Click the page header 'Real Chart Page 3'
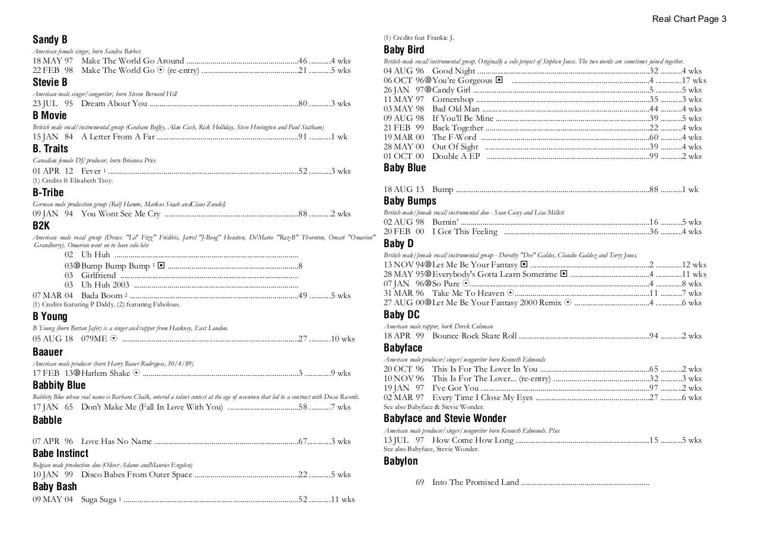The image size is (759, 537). (689, 19)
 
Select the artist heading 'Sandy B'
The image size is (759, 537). (50, 40)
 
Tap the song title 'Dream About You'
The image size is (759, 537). (114, 104)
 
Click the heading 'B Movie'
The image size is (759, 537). (50, 116)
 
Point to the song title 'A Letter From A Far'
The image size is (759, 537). (117, 137)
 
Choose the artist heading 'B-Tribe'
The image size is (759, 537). (48, 193)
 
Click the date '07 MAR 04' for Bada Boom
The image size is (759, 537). (53, 296)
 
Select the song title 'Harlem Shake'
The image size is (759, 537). (106, 373)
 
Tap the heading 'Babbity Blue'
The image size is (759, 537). (59, 385)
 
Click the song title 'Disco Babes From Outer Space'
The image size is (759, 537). (136, 475)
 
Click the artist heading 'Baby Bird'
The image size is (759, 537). (404, 50)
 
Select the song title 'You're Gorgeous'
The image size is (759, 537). (462, 81)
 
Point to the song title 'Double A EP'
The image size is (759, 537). (456, 156)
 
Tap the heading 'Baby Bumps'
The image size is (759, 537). (410, 201)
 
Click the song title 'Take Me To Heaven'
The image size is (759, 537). (468, 293)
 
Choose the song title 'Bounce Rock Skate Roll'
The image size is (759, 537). (474, 336)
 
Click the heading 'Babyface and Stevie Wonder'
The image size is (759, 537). (445, 418)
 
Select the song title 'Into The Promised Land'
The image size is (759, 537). (476, 482)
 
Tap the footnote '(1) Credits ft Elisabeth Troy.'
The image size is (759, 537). (72, 181)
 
